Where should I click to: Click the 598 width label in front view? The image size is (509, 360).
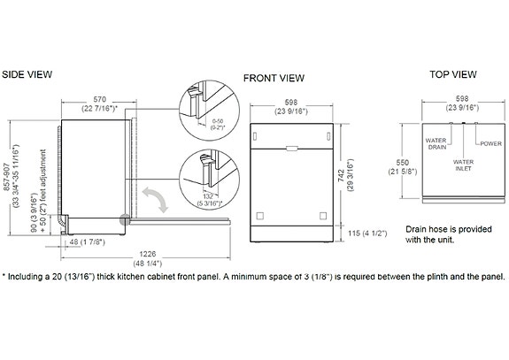(291, 103)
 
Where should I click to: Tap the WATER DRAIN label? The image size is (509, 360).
(435, 143)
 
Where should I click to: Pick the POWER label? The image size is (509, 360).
(490, 142)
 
